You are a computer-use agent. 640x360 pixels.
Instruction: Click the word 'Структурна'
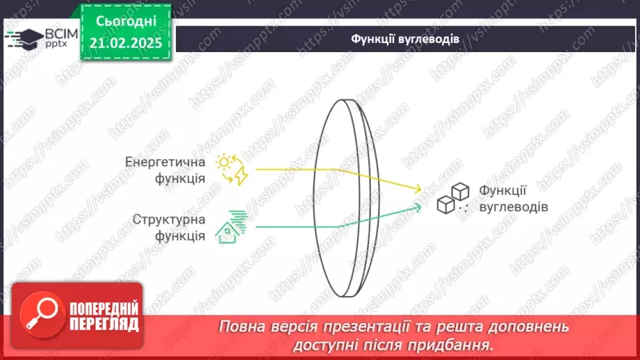click(169, 220)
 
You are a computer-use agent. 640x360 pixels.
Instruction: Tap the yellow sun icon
click(224, 163)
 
